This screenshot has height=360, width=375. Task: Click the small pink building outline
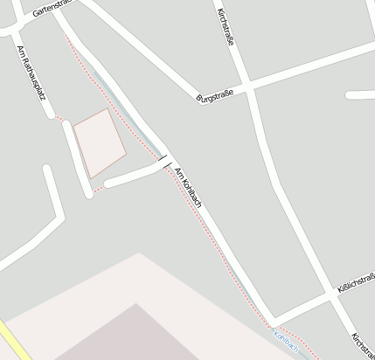pyautogui.click(x=98, y=142)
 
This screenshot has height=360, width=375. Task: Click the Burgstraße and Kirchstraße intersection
pyautogui.click(x=247, y=87)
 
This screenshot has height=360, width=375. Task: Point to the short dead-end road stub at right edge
pyautogui.click(x=360, y=94)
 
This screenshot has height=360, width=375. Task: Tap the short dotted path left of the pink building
pyautogui.click(x=60, y=117)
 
